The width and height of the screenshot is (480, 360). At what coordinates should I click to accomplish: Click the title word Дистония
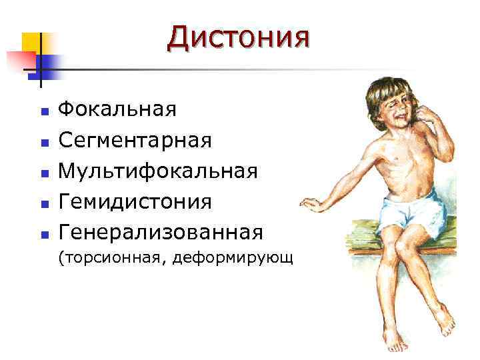click(238, 38)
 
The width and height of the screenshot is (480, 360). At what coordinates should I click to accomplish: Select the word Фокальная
click(117, 109)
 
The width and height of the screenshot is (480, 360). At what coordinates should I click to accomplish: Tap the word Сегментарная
click(135, 140)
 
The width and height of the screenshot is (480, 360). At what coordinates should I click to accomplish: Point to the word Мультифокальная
click(158, 171)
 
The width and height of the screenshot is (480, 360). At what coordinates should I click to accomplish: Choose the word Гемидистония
click(135, 201)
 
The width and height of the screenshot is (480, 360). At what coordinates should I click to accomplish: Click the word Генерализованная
click(161, 233)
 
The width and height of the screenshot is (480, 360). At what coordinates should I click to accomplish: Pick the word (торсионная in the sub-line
click(111, 258)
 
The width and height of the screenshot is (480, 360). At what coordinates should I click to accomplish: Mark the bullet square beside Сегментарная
click(44, 141)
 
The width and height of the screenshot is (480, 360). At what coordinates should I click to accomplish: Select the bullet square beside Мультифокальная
click(44, 173)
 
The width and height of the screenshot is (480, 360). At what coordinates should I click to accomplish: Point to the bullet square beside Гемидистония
click(44, 203)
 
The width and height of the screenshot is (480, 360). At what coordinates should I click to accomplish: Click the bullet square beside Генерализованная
click(44, 235)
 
